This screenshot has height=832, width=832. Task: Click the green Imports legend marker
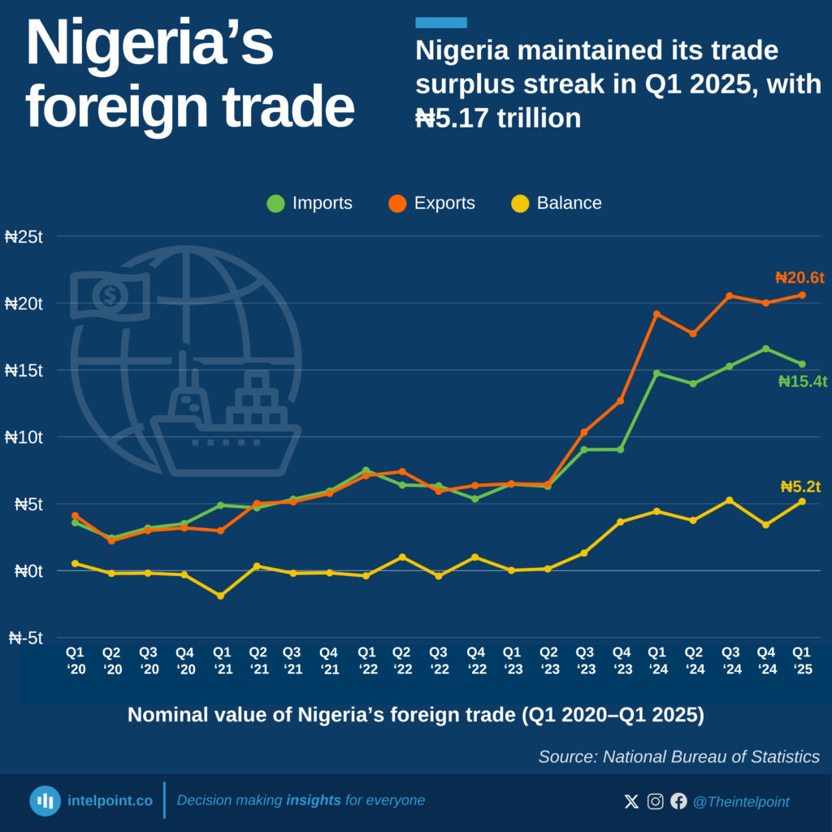click(x=276, y=203)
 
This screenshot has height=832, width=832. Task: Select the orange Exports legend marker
click(x=397, y=203)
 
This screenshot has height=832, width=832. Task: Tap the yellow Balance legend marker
click(x=520, y=203)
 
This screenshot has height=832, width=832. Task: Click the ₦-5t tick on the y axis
click(x=26, y=639)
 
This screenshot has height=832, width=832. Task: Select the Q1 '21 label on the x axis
click(x=222, y=661)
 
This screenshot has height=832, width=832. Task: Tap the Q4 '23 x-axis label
click(x=621, y=661)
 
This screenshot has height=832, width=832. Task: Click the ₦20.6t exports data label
click(x=799, y=278)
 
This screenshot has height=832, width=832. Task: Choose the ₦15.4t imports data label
click(x=803, y=381)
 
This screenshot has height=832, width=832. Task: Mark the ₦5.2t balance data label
click(x=800, y=487)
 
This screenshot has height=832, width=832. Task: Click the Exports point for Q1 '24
click(x=656, y=314)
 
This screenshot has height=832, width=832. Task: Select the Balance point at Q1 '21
click(x=221, y=596)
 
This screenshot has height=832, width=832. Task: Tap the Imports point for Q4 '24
click(x=765, y=349)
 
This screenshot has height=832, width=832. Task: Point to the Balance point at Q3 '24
click(x=730, y=500)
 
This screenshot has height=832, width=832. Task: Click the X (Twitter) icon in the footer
click(x=631, y=802)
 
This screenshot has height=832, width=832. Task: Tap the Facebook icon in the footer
click(x=678, y=802)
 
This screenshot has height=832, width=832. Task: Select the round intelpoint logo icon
click(x=45, y=801)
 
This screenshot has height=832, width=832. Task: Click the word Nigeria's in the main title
click(x=149, y=45)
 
